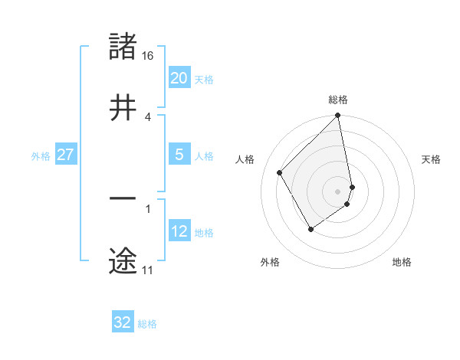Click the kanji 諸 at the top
[123, 47]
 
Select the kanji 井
[123, 107]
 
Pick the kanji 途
[123, 260]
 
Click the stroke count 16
[148, 56]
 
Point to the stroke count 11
[147, 270]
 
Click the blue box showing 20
[179, 78]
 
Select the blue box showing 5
[179, 155]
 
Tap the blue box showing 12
[179, 231]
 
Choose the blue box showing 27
[65, 155]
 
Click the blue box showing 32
[123, 322]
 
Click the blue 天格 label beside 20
[204, 80]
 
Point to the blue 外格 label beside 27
[41, 156]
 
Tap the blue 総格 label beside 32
[147, 324]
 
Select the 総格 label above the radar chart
[338, 100]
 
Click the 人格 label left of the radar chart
[245, 159]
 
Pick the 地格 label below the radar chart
[402, 263]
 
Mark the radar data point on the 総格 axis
[338, 116]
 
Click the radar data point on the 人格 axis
[280, 172]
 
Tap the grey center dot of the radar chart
[338, 191]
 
